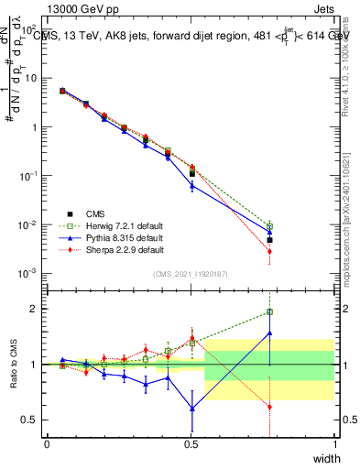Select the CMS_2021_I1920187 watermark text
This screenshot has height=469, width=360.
point(191,274)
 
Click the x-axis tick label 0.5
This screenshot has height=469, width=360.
point(191,444)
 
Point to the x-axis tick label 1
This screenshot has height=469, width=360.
point(334,444)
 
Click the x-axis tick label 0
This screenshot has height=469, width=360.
point(47,444)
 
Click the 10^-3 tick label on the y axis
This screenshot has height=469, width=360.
point(27,274)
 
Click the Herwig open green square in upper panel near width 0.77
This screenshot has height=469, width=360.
point(269,226)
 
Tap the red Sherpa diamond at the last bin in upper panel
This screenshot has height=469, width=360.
point(269,251)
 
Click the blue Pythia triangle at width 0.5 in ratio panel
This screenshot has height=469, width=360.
point(191,408)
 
